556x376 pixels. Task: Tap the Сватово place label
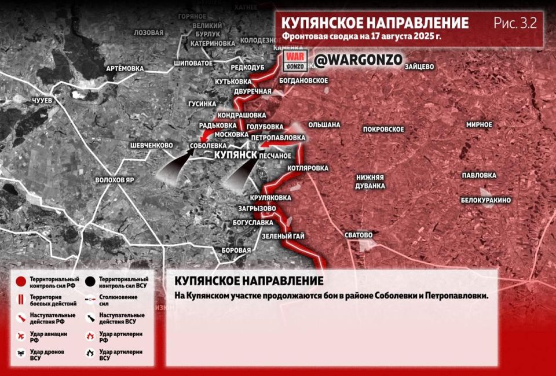tap(359, 235)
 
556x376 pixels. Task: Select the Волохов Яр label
tap(115, 180)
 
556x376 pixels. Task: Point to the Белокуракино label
tap(485, 200)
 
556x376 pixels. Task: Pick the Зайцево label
tap(420, 67)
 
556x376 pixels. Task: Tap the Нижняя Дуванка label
tap(371, 182)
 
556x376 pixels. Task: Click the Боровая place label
tap(236, 250)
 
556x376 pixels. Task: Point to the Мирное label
tap(479, 124)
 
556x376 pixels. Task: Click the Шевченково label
tap(152, 145)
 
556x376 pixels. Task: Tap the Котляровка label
tap(308, 168)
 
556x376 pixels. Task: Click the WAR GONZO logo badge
tap(295, 61)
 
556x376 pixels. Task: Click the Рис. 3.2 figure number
tap(515, 23)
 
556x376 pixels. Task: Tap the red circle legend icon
tap(21, 282)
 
